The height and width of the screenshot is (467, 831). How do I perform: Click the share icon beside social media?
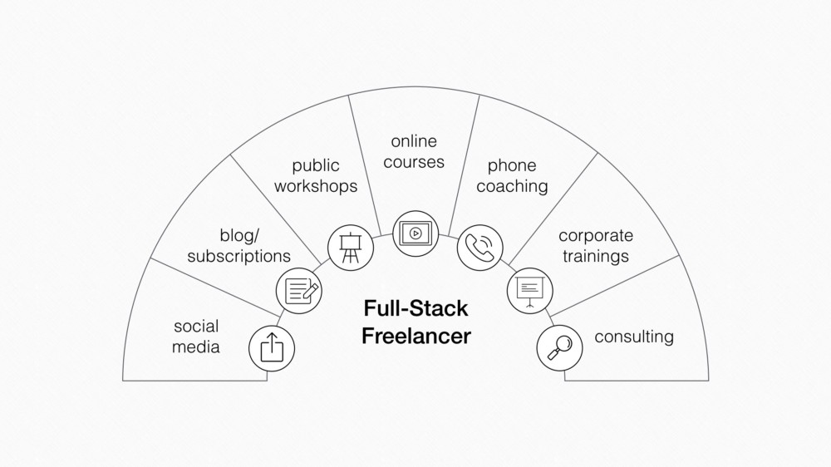[272, 347]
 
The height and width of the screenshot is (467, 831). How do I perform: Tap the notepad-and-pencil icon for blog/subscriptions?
[299, 291]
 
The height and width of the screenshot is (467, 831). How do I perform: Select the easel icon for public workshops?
[351, 248]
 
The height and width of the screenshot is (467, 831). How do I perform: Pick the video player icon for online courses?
[415, 233]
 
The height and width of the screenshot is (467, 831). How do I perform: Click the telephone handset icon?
[480, 248]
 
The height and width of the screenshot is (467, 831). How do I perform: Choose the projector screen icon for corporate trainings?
[530, 291]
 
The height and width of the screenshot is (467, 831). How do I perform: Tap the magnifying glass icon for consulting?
[559, 347]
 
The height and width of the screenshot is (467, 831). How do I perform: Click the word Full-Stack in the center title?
[416, 308]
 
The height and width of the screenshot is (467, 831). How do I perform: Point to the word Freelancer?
[416, 336]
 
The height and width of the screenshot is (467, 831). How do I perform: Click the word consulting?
[634, 337]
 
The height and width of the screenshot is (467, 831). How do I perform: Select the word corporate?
[596, 235]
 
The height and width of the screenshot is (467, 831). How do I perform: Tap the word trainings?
[596, 256]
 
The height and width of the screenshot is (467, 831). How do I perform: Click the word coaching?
[512, 186]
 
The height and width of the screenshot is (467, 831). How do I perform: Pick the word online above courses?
[414, 141]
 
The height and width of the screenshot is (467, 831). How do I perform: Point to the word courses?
[414, 162]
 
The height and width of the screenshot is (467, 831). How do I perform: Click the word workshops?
[316, 186]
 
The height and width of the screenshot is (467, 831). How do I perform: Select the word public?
[316, 165]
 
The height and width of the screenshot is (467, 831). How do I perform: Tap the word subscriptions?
[239, 256]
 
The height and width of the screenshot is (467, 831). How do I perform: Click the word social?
[196, 326]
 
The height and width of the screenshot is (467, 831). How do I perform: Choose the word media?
[195, 347]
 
